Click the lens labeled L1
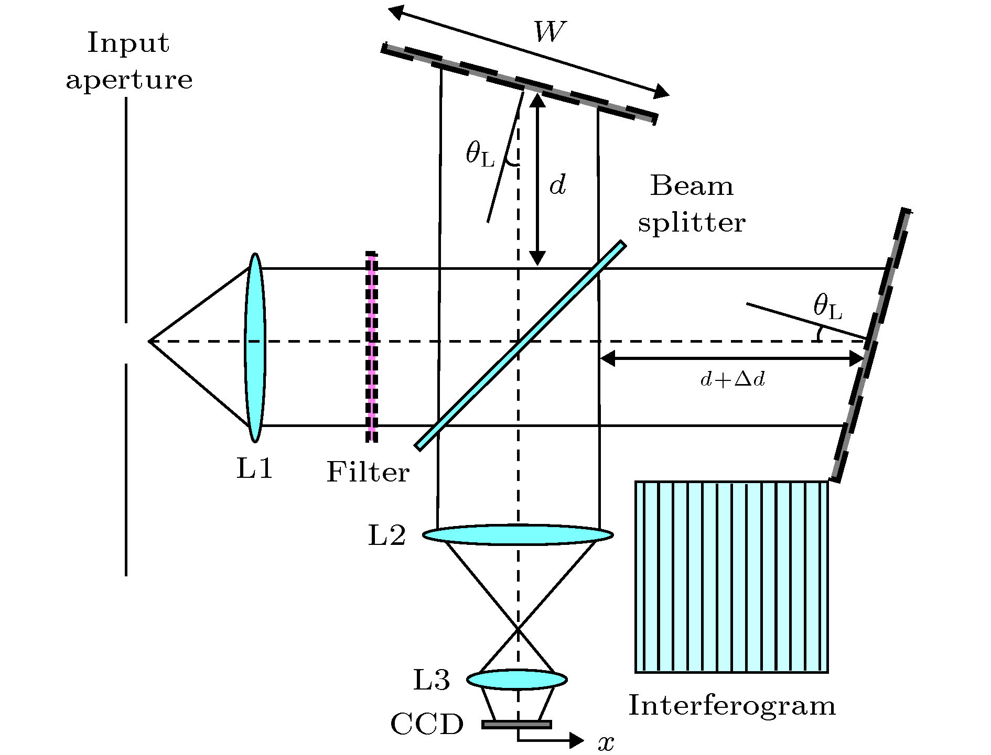(255, 347)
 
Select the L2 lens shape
(518, 534)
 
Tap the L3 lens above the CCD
(516, 680)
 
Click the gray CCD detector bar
(516, 725)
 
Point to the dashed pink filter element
(372, 347)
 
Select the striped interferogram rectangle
(731, 576)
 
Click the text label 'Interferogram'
(731, 705)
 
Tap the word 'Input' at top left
(128, 43)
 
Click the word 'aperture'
(129, 80)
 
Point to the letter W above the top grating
(550, 32)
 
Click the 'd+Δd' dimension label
(733, 380)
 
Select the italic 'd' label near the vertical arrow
(557, 185)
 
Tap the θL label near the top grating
(480, 155)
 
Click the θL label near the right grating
(827, 308)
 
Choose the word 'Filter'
(368, 473)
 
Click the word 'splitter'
(691, 223)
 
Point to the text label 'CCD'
(427, 725)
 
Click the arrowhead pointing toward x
(577, 740)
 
